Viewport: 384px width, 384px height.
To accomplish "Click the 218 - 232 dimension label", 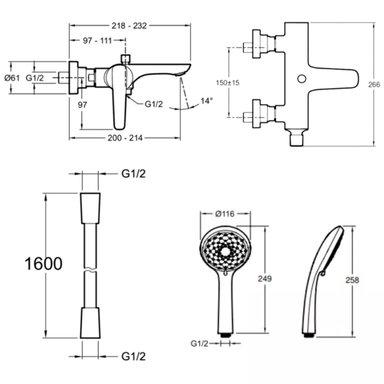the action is (129, 26).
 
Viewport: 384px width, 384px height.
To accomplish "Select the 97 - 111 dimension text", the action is (97, 41).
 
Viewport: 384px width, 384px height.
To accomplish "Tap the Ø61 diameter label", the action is (12, 78).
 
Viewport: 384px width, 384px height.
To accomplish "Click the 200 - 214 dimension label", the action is (125, 138).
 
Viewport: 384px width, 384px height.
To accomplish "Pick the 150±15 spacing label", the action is (228, 83).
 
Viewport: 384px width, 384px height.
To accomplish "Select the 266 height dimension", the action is (374, 85).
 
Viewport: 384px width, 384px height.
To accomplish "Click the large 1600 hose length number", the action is (44, 264).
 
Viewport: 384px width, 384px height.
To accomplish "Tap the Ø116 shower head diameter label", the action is (225, 214).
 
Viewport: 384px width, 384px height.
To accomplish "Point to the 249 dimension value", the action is (265, 279).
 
